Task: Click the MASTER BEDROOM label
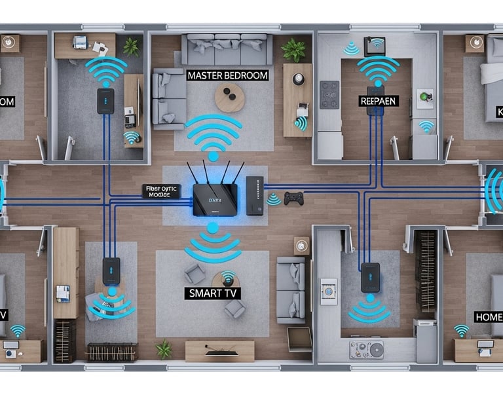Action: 227,75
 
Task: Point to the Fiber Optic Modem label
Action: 160,191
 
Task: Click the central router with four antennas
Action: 215,196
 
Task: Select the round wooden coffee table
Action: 230,98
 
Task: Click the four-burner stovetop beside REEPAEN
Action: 329,94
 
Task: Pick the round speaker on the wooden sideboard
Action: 299,79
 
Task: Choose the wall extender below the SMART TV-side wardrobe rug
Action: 111,271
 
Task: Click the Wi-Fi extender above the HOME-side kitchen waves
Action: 371,277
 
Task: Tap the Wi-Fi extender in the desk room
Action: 106,101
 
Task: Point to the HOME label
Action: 489,316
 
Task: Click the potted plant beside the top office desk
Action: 132,47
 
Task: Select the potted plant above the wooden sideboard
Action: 294,49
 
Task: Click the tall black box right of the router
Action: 255,195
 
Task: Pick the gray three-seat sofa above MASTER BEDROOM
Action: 227,49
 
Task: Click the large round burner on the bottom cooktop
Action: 376,350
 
